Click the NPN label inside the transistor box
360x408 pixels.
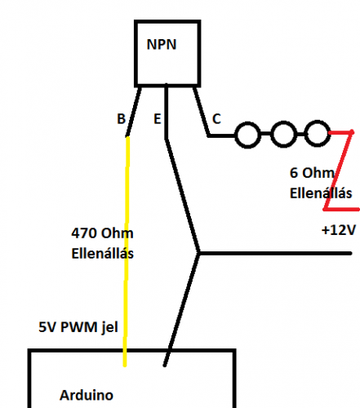point(162,44)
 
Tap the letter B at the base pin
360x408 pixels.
point(121,118)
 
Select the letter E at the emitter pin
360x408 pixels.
point(158,119)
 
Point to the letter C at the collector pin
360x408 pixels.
point(216,118)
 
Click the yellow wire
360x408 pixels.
point(127,251)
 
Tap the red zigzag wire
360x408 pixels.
point(339,171)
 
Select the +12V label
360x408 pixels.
point(339,230)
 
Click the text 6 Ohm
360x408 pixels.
point(312,173)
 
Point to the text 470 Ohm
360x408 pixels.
point(102,233)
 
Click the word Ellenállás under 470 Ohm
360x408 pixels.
point(103,253)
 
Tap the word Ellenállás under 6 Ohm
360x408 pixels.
point(321,193)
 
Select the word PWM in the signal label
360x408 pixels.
point(78,327)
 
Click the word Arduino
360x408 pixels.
point(87,395)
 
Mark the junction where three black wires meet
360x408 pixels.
point(198,253)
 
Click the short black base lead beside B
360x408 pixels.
point(134,111)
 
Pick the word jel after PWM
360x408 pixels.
point(109,328)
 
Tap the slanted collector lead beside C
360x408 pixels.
point(202,111)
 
